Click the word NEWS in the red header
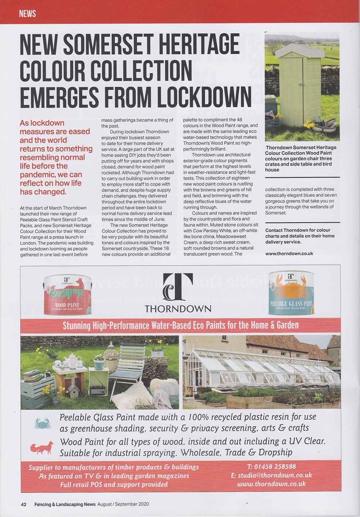[x=28, y=14]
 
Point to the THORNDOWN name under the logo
[x=178, y=309]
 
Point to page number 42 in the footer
[x=23, y=504]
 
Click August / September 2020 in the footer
[x=123, y=504]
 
